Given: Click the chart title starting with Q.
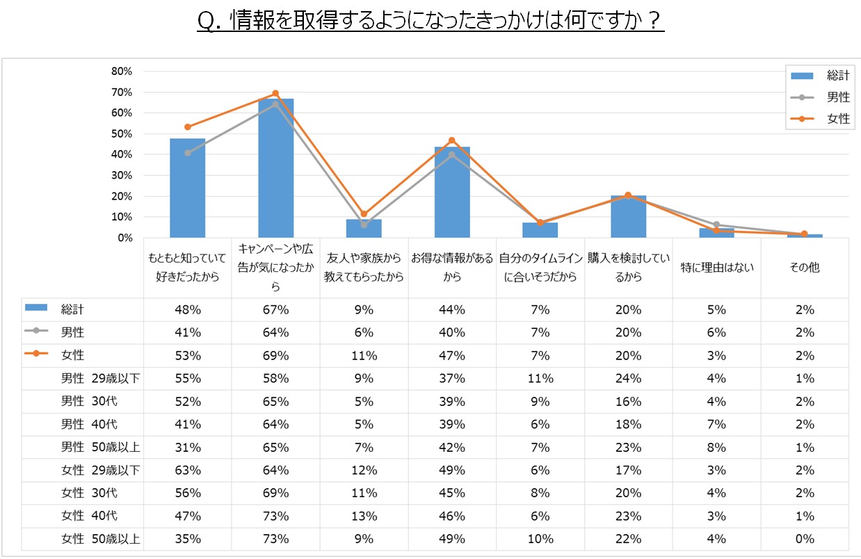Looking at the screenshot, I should coord(430,22).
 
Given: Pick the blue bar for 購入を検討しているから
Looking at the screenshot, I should coord(629,217).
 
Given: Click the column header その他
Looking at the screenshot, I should coord(805,267).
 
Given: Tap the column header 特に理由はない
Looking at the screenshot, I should coord(716,267).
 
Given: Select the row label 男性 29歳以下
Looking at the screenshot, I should coord(100,378).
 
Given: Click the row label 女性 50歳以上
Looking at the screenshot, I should coord(100,539).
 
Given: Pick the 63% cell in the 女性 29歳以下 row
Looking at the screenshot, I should coord(188,470).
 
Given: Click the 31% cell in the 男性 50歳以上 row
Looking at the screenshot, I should coord(188,447).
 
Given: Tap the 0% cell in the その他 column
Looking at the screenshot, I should coord(805,539).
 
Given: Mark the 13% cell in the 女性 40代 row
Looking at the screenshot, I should coord(364,516).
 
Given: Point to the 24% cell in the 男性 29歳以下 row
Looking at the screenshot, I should coord(629,378).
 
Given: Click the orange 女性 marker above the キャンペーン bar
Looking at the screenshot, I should coord(275,93).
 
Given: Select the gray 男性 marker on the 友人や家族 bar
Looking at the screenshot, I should coord(364,225).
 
